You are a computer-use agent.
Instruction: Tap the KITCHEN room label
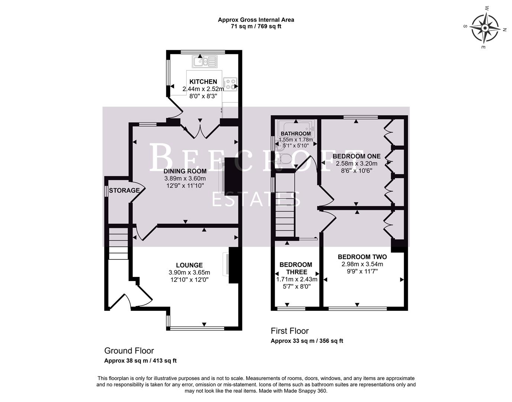[203, 82]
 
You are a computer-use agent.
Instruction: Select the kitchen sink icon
[204, 61]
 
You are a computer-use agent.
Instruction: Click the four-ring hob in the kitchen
[230, 84]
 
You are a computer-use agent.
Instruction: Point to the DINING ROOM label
[185, 171]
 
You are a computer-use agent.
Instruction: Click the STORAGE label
[124, 191]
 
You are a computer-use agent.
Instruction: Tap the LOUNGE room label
[189, 265]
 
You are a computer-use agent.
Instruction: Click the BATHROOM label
[296, 134]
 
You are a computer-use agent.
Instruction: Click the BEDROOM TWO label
[362, 257]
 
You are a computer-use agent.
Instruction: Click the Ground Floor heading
[129, 351]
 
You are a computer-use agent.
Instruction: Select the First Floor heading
[290, 331]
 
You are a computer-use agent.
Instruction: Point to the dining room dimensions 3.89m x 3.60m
[185, 179]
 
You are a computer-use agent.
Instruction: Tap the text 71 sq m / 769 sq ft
[256, 26]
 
